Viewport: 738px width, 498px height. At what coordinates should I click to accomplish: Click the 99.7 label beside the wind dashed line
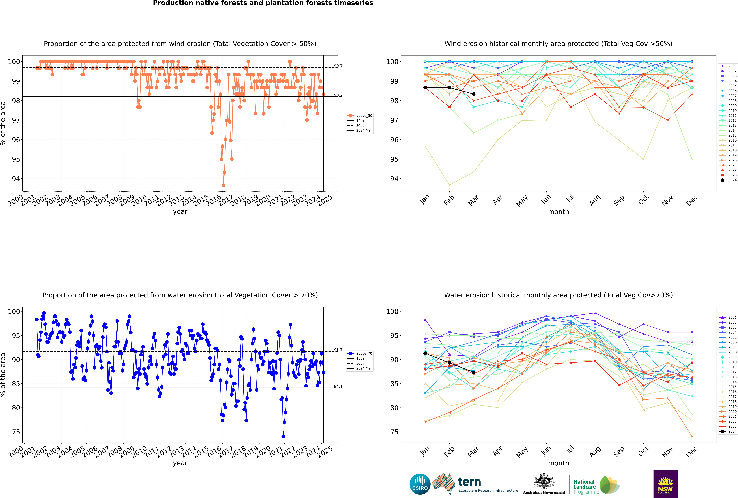coord(338,66)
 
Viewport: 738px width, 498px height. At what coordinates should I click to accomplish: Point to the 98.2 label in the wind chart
coord(338,95)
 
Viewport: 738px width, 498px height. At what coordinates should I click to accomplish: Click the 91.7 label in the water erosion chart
coord(338,350)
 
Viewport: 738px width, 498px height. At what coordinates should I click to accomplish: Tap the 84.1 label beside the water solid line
coord(338,387)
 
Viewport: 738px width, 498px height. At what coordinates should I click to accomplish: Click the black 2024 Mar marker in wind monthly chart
coord(474,94)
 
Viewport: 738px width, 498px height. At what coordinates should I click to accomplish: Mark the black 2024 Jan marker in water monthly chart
coord(425,353)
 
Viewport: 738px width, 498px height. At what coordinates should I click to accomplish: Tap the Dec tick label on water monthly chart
coord(692,452)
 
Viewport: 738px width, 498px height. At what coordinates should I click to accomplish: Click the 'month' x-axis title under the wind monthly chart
coord(558,212)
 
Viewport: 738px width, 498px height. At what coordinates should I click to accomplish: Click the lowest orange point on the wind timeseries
coord(223,185)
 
